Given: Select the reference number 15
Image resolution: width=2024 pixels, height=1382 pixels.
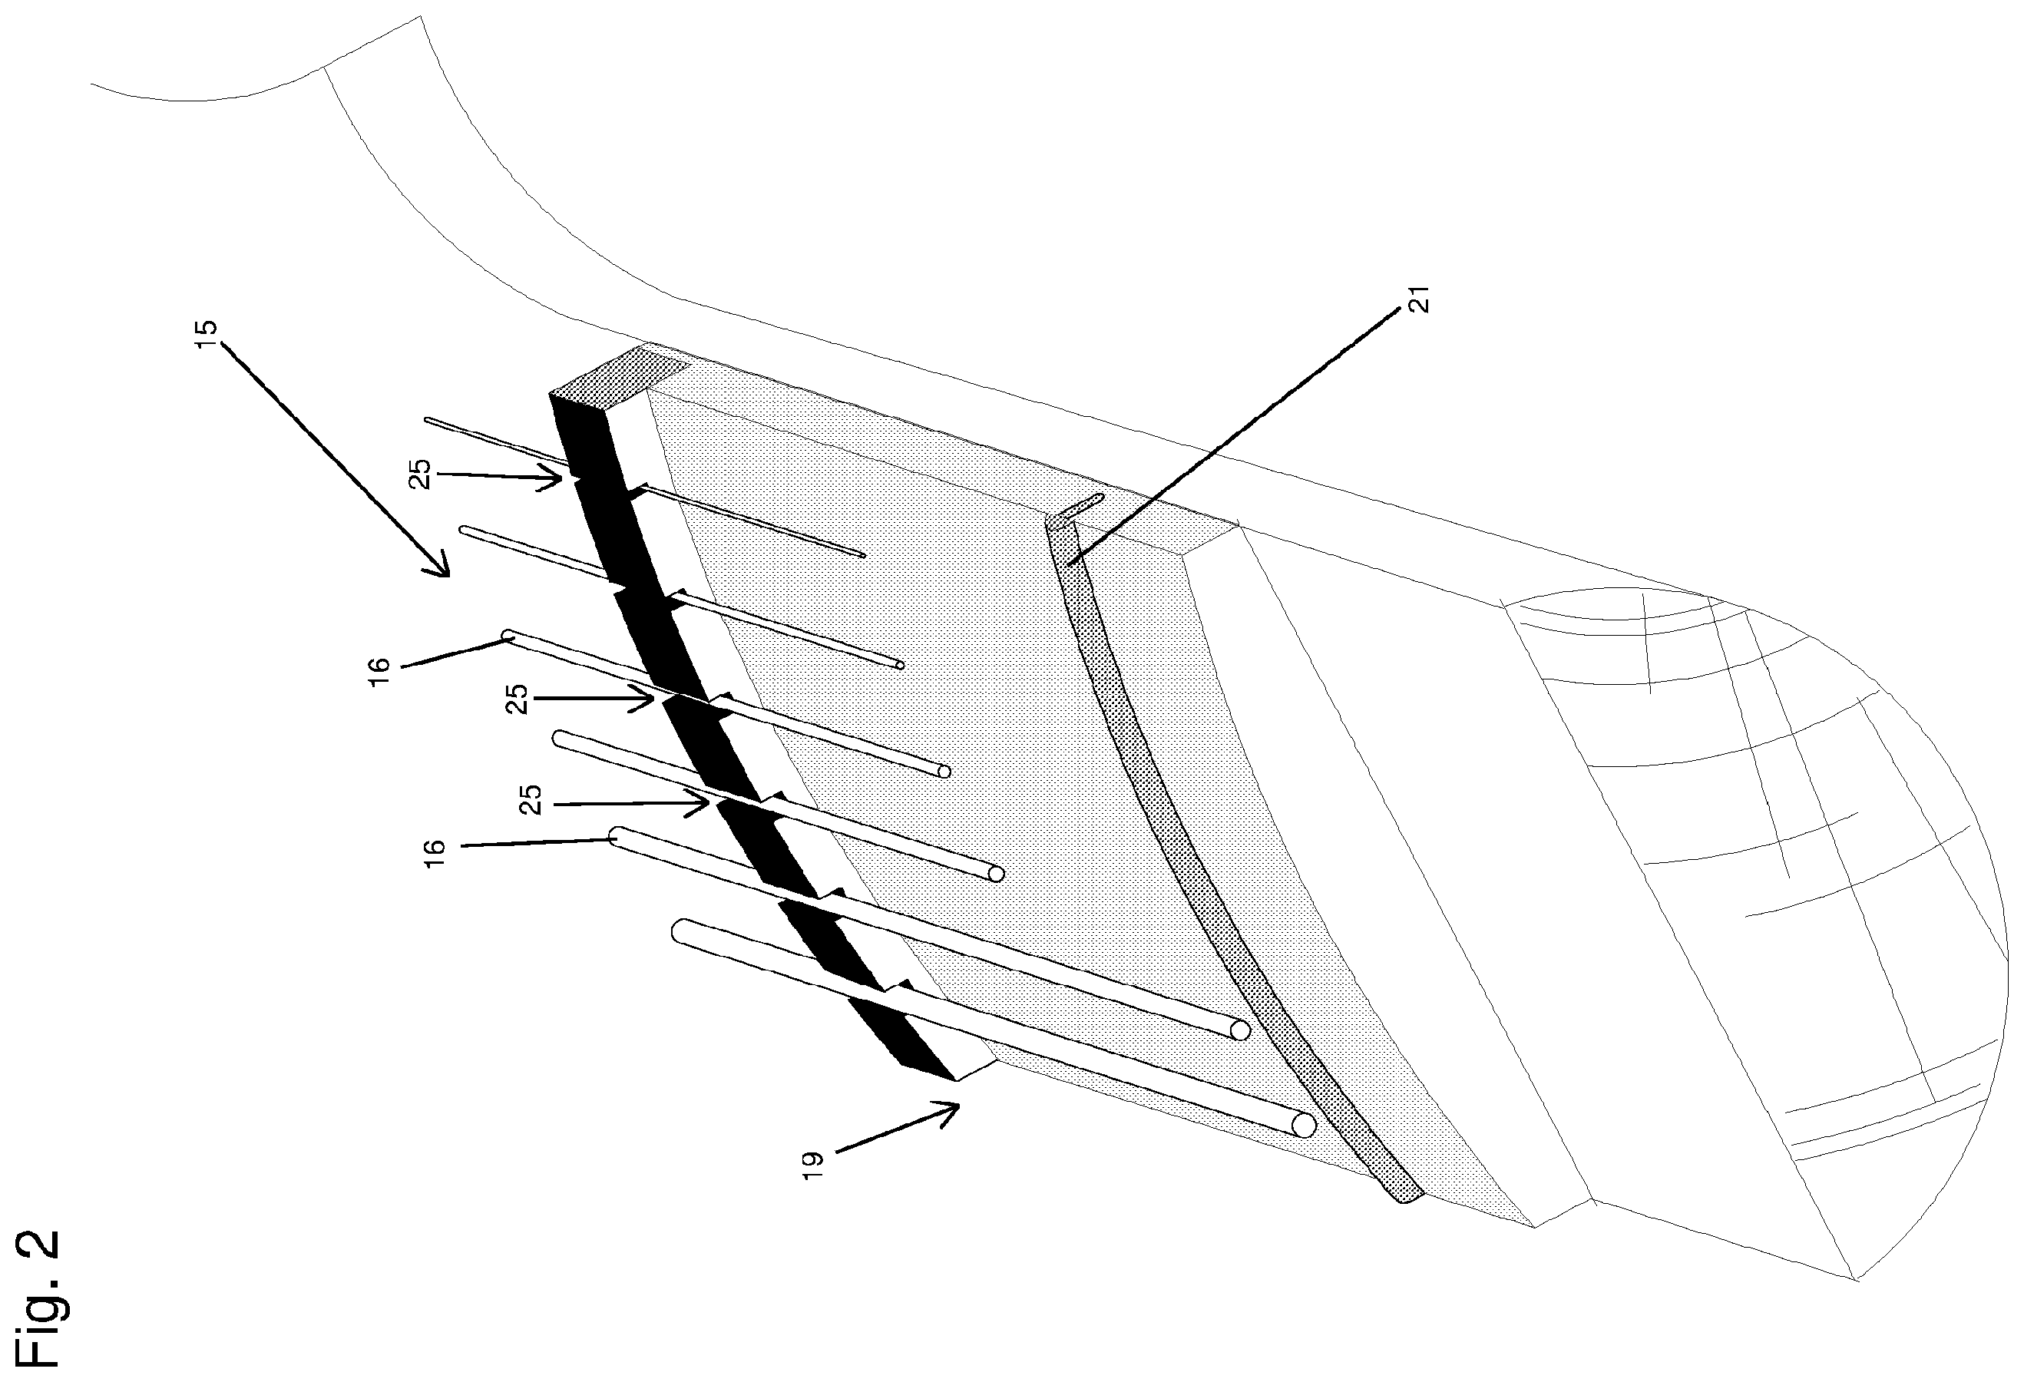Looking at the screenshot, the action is click(x=208, y=335).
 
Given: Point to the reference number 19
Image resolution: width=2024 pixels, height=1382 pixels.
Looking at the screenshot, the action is click(x=812, y=1165).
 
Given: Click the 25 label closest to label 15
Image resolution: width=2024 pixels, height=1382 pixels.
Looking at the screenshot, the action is click(x=422, y=474).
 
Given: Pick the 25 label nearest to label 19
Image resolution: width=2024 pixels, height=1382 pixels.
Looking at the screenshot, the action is click(x=531, y=800).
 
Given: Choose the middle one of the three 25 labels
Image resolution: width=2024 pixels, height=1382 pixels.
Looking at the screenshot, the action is click(x=518, y=699).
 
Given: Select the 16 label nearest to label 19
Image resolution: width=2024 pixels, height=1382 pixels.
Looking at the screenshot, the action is click(x=435, y=851).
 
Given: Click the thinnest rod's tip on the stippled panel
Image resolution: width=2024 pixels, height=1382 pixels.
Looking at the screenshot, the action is click(x=862, y=554).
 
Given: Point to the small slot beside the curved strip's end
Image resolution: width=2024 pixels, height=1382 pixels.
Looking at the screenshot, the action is click(x=1084, y=505).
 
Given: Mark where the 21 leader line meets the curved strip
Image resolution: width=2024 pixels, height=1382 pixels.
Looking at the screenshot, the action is click(x=1070, y=564).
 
